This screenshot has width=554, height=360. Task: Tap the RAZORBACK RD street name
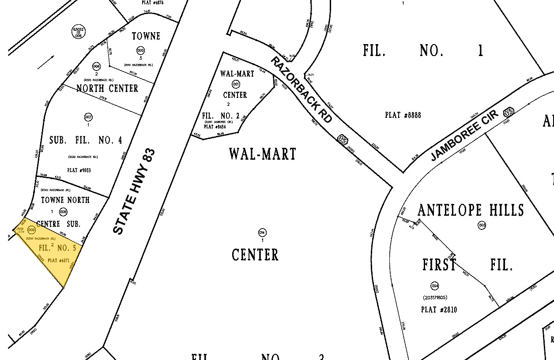[301, 89]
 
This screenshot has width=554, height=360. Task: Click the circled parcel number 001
[236, 84]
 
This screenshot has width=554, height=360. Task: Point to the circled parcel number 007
[88, 117]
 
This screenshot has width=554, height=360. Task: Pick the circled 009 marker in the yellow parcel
[31, 230]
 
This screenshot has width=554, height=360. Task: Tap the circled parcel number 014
[262, 232]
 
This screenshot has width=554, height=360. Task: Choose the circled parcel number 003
[482, 225]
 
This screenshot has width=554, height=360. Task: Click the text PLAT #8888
[403, 115]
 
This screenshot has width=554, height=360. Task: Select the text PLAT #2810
[439, 310]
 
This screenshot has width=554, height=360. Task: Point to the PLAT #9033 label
[79, 170]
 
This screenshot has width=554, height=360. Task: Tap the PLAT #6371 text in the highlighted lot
[59, 260]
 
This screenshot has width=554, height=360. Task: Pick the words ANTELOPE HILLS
[471, 210]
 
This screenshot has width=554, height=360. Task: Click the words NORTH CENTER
[107, 88]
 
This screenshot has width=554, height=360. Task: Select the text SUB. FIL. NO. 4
[86, 140]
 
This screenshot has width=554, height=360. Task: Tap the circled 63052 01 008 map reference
[79, 32]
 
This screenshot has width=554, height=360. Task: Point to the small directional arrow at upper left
[46, 63]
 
